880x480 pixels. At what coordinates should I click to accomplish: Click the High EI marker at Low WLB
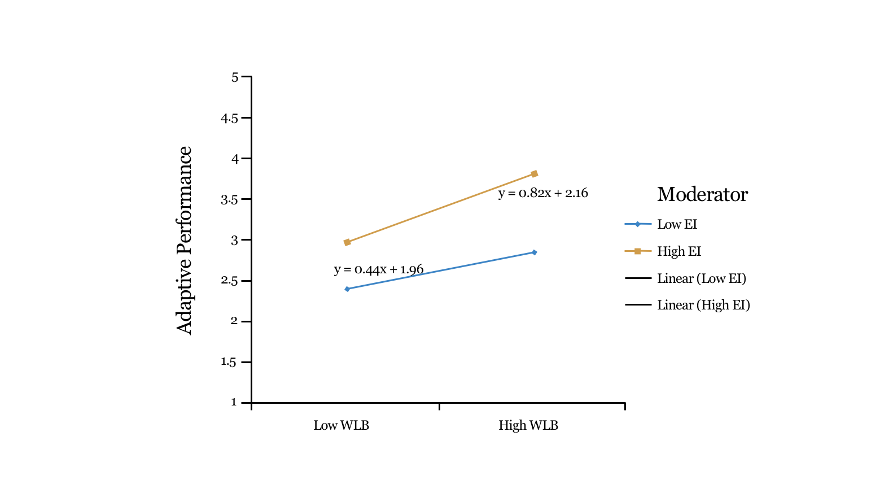click(x=347, y=242)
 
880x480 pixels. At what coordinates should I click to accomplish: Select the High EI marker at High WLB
click(x=535, y=174)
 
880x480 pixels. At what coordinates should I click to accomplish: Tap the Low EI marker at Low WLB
click(x=347, y=289)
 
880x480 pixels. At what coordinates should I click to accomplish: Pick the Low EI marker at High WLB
click(x=535, y=252)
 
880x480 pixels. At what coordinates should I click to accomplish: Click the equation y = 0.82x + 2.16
click(x=543, y=193)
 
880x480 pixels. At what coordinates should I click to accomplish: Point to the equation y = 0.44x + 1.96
click(x=379, y=269)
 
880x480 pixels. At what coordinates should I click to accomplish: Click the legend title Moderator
click(x=702, y=194)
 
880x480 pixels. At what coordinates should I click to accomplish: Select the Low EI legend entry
click(x=677, y=224)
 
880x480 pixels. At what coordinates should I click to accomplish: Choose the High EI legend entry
click(x=678, y=251)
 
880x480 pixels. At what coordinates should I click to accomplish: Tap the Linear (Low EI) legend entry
click(x=701, y=278)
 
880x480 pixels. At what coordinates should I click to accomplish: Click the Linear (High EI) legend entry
click(x=703, y=305)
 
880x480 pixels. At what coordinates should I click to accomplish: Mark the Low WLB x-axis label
click(x=342, y=425)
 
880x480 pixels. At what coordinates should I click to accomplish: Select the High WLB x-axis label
click(x=528, y=425)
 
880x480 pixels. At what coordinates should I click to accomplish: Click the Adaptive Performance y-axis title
click(x=185, y=240)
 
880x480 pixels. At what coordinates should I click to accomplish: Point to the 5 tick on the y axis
click(x=235, y=77)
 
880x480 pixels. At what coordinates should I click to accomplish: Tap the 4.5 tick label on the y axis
click(x=229, y=118)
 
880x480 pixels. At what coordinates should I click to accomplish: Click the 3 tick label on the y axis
click(x=235, y=240)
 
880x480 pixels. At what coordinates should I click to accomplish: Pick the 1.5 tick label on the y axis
click(x=229, y=362)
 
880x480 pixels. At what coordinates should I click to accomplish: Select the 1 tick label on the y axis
click(x=234, y=403)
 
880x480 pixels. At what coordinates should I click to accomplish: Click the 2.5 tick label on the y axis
click(x=229, y=281)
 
